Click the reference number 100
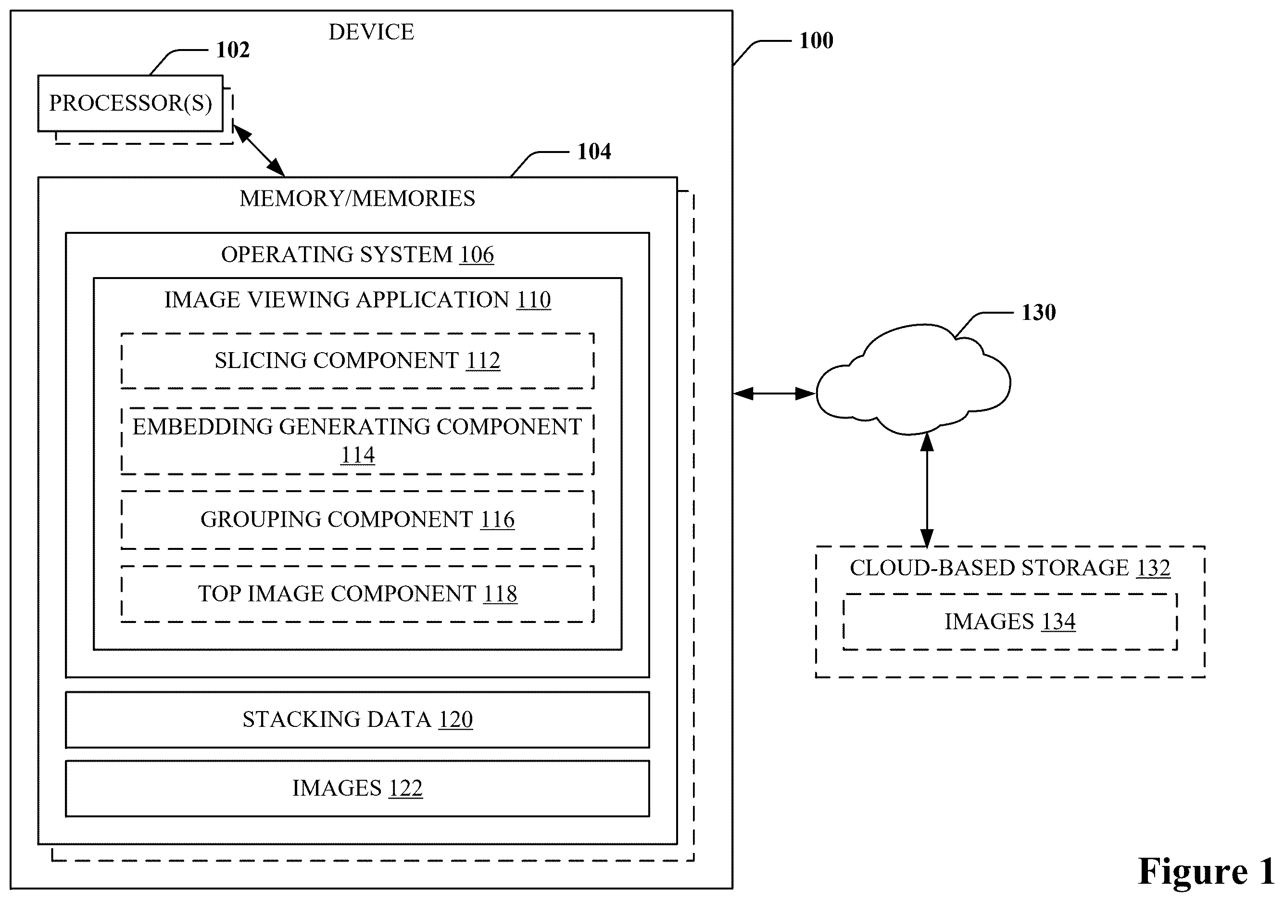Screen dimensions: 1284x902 [816, 41]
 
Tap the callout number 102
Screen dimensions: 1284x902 [233, 50]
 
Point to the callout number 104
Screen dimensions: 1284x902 [594, 152]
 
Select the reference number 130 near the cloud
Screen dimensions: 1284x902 [1038, 312]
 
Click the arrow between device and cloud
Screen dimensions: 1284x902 [775, 394]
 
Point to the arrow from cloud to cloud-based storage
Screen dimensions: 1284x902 [927, 490]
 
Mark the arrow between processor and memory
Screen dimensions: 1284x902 [258, 150]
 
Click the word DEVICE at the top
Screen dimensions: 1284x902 [371, 32]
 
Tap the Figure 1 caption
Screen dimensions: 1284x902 [1206, 871]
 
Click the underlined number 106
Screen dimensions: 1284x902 [477, 254]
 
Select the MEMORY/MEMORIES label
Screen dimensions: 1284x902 [357, 199]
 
